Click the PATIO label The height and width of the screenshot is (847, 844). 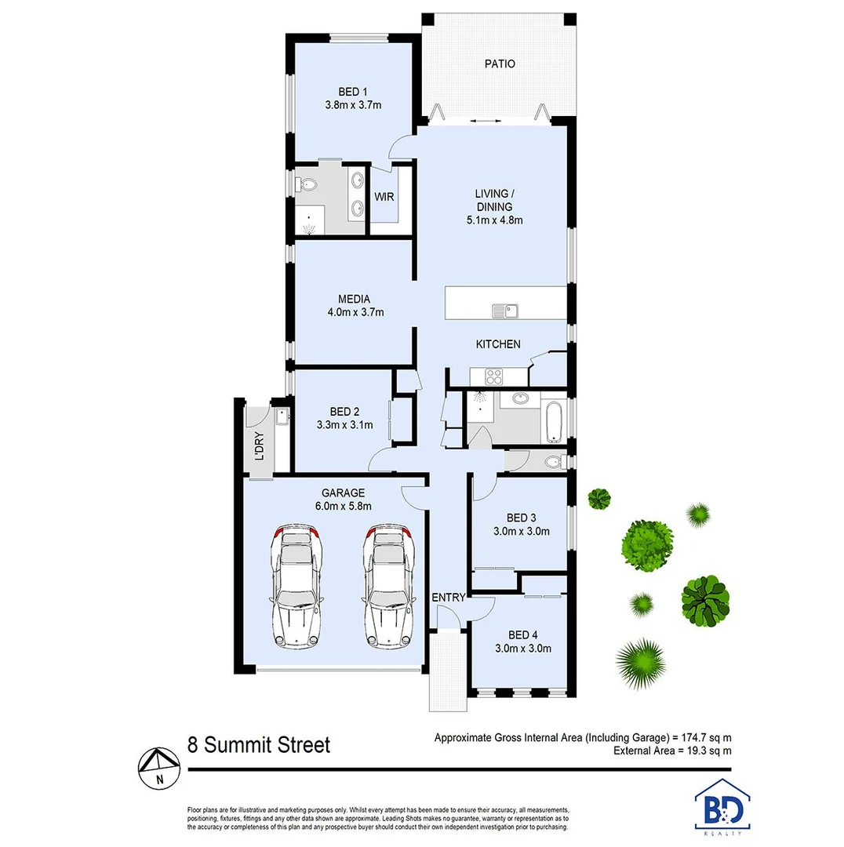tap(499, 64)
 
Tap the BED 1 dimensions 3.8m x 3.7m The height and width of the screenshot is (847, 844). tap(353, 104)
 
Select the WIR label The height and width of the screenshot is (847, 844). tap(384, 197)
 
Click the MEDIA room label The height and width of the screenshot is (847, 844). tap(354, 298)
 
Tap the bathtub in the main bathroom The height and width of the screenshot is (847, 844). tap(552, 421)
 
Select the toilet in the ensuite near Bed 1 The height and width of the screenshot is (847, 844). tap(307, 185)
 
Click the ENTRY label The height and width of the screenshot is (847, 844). tap(449, 598)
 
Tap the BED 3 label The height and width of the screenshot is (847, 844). tap(522, 518)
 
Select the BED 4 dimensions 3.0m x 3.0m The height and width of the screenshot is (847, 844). tap(524, 649)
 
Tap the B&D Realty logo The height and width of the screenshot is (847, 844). tap(722, 804)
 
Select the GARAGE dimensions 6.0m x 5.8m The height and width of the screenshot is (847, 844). tap(342, 506)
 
